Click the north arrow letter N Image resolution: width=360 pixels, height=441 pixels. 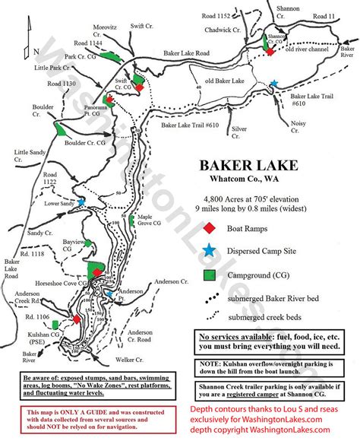[x=36, y=51]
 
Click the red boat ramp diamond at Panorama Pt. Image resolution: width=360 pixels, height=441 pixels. [x=110, y=100]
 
